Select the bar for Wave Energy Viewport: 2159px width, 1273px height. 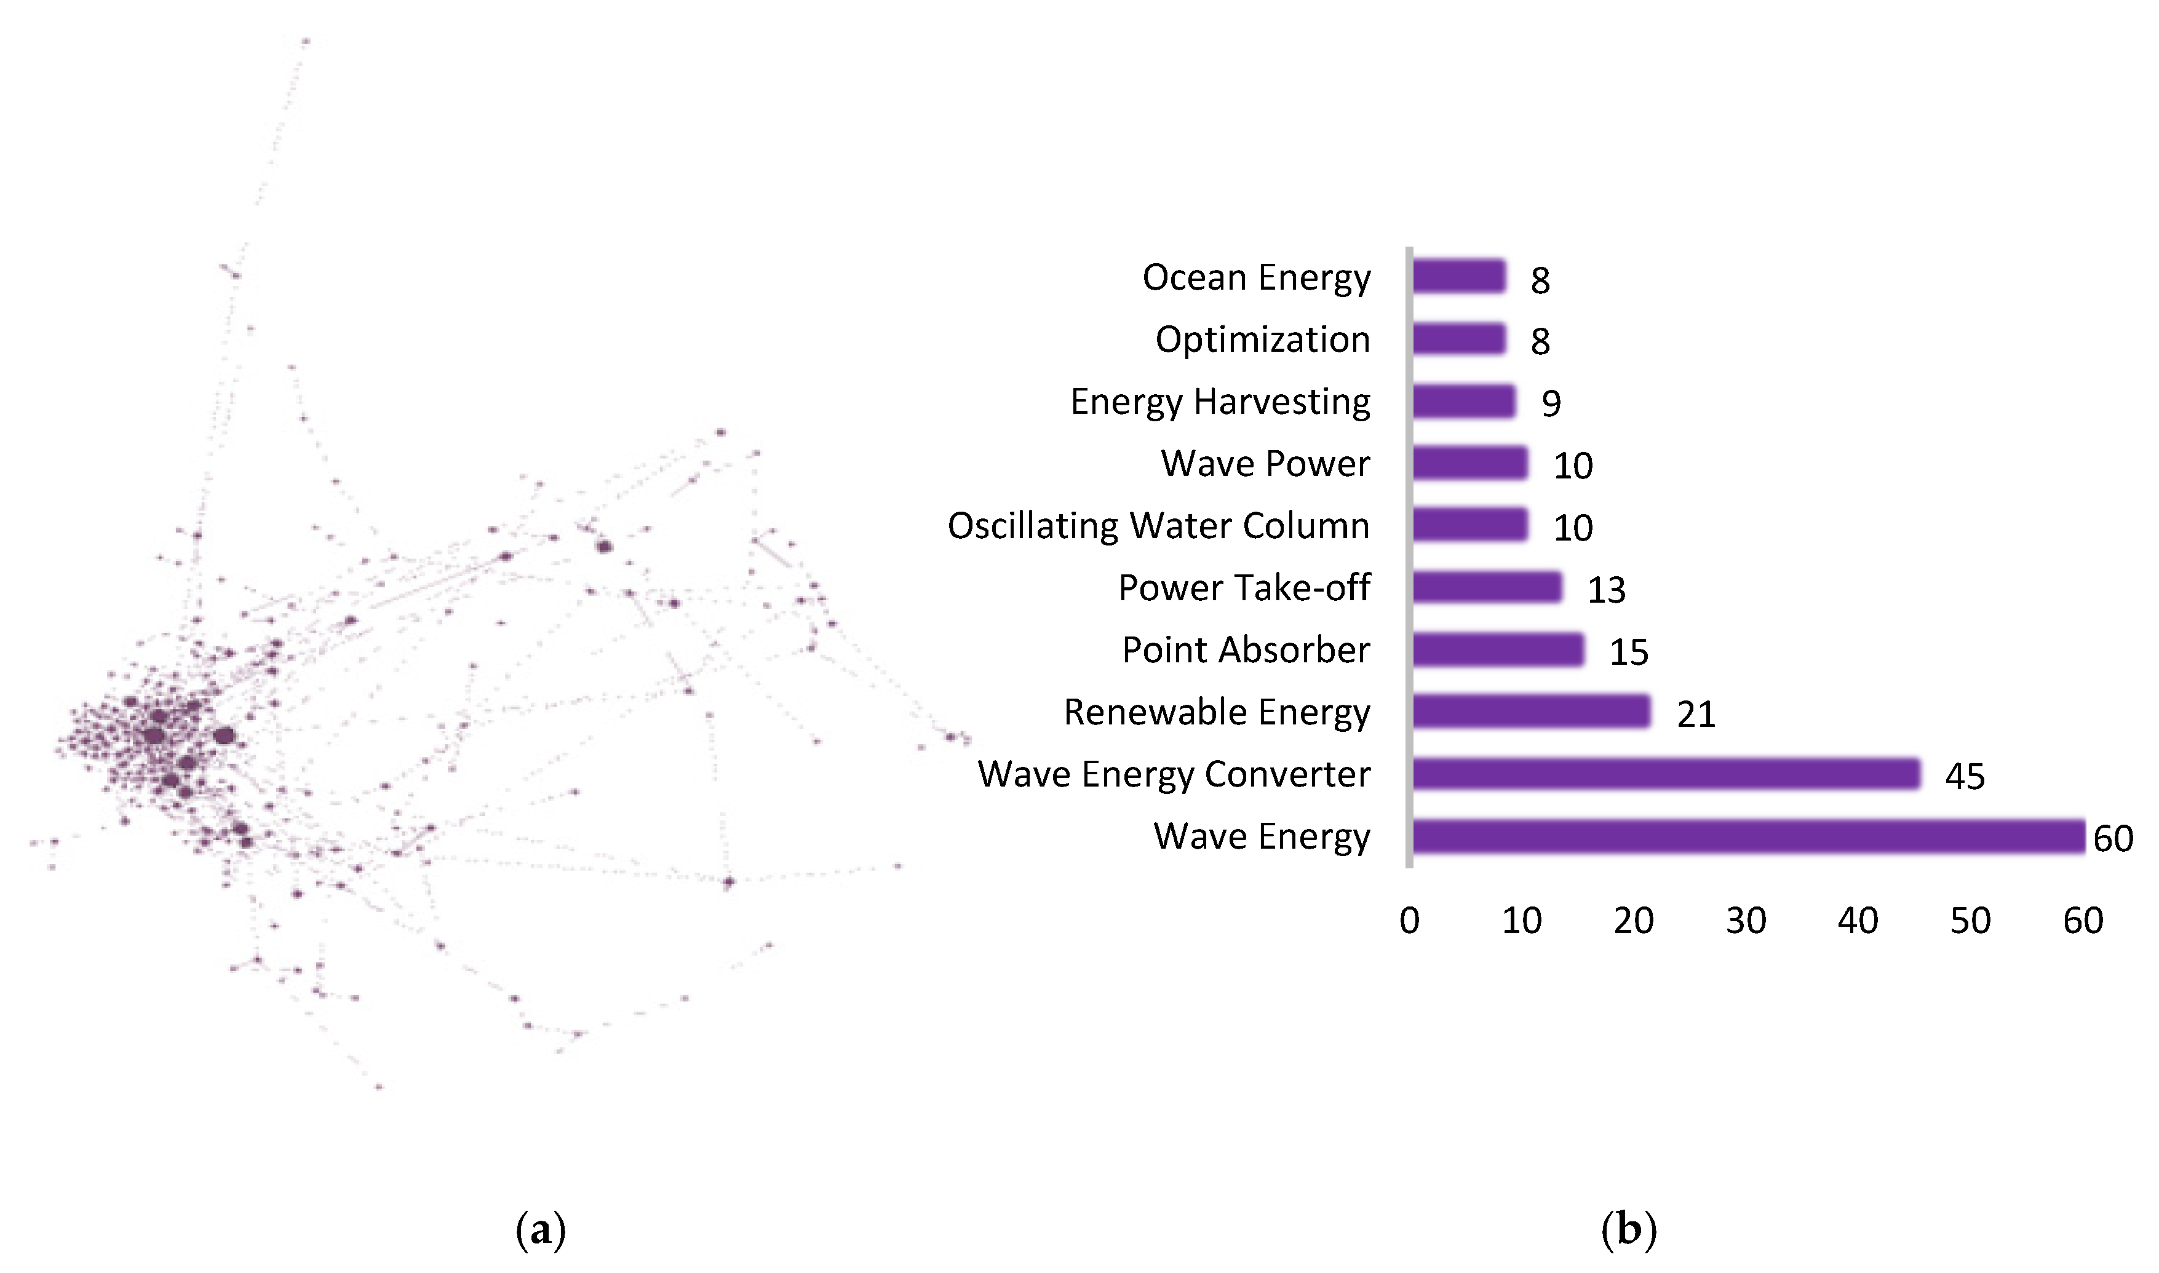pyautogui.click(x=1747, y=836)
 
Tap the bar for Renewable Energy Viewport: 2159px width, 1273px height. pyautogui.click(x=1531, y=712)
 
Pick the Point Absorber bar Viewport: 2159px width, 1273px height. pyautogui.click(x=1498, y=649)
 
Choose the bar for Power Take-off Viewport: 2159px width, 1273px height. pyautogui.click(x=1487, y=587)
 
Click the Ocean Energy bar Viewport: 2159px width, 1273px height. pyautogui.click(x=1458, y=276)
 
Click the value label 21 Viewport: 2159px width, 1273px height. pyautogui.click(x=1695, y=715)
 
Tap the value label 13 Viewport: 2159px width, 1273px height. pyautogui.click(x=1606, y=590)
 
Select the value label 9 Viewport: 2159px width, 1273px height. pyautogui.click(x=1551, y=403)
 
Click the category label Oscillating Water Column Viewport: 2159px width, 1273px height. pyautogui.click(x=1158, y=526)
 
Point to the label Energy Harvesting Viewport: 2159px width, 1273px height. pyautogui.click(x=1220, y=402)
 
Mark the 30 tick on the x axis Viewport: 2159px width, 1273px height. pyautogui.click(x=1746, y=921)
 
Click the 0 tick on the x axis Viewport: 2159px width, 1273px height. pyautogui.click(x=1409, y=921)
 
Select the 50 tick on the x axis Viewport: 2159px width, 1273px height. pyautogui.click(x=1970, y=921)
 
